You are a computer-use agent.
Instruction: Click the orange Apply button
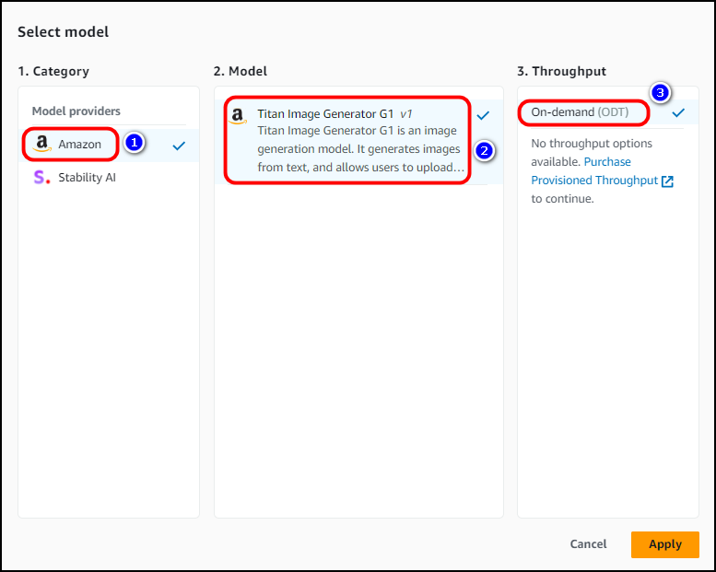(x=665, y=544)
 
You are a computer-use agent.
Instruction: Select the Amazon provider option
(x=79, y=145)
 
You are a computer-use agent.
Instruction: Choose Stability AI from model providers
(x=87, y=177)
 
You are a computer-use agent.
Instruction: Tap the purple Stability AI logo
(x=41, y=177)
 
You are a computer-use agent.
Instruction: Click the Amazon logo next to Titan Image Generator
(x=238, y=116)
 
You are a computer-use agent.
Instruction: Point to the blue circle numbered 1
(x=134, y=143)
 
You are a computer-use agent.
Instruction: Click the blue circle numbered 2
(x=484, y=151)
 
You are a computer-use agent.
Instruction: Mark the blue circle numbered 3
(x=660, y=93)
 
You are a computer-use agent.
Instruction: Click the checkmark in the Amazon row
(x=179, y=146)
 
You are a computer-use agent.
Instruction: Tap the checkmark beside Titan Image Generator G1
(x=483, y=115)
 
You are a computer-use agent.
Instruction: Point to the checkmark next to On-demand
(x=678, y=112)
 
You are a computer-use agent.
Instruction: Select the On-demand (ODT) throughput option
(x=580, y=112)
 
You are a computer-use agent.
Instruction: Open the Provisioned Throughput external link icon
(x=667, y=181)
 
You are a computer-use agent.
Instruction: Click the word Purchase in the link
(x=607, y=161)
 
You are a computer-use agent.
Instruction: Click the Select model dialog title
(x=63, y=32)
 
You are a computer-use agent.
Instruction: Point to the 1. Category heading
(x=53, y=71)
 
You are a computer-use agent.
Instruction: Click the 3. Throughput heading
(x=562, y=71)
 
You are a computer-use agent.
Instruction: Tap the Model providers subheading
(x=76, y=111)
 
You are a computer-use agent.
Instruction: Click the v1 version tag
(x=406, y=113)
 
